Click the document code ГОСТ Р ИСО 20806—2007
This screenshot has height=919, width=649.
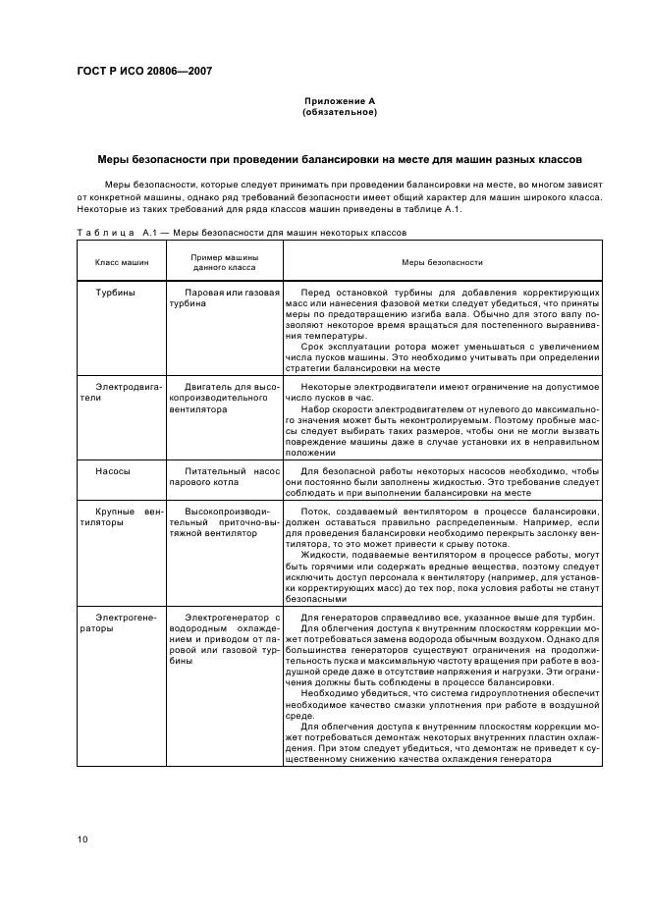tap(144, 71)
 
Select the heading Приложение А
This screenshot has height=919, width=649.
tap(339, 101)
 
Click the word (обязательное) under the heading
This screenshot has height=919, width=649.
tap(339, 112)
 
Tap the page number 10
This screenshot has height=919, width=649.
tap(82, 838)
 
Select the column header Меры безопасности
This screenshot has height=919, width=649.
tap(442, 262)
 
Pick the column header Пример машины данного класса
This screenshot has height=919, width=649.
tap(225, 262)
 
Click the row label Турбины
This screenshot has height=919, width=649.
tap(115, 293)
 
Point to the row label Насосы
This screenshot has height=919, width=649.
tap(113, 470)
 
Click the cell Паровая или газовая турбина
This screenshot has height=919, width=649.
tap(225, 297)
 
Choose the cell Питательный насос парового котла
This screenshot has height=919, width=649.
tap(225, 476)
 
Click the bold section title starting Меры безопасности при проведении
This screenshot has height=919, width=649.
tap(339, 159)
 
